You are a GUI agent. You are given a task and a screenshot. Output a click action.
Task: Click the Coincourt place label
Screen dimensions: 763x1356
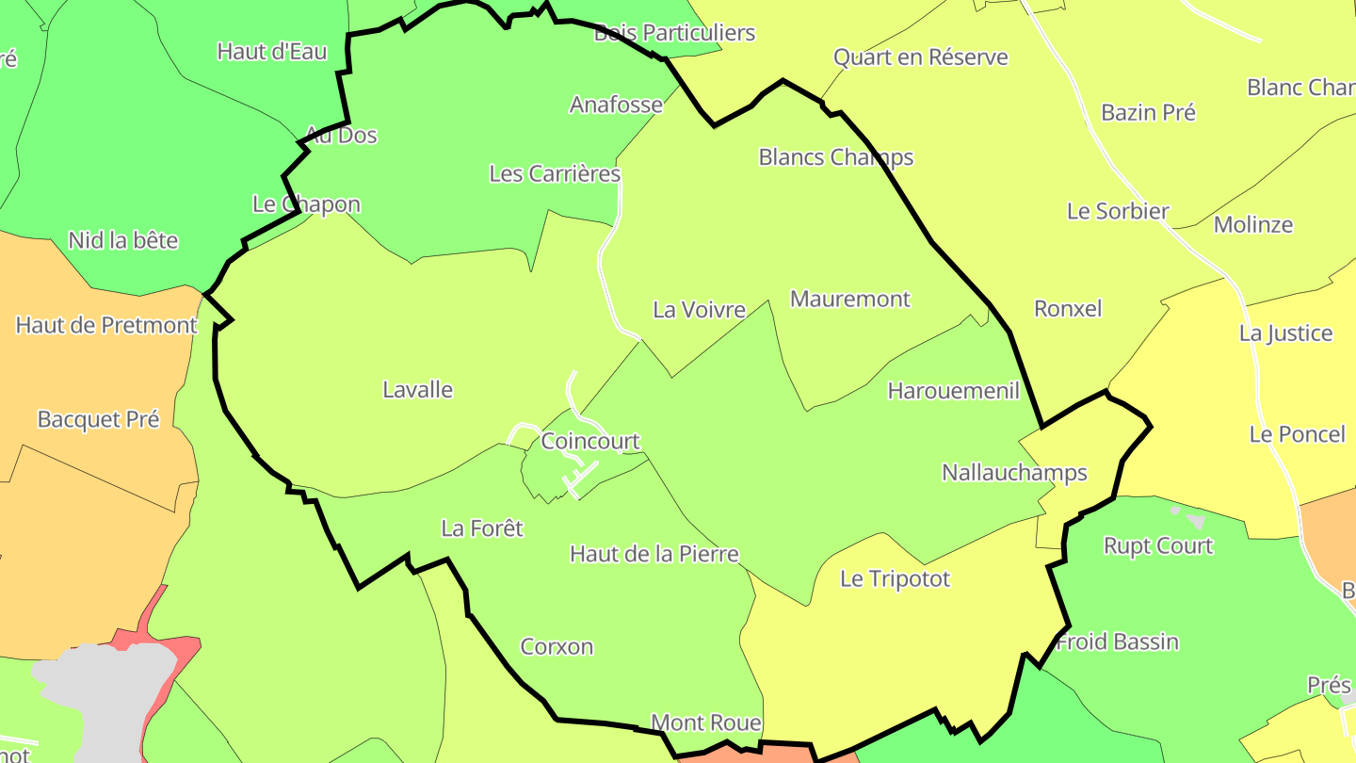tap(590, 441)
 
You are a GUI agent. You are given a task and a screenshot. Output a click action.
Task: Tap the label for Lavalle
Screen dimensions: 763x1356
tap(417, 389)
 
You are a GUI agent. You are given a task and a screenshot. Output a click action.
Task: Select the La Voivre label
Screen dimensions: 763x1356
tap(699, 309)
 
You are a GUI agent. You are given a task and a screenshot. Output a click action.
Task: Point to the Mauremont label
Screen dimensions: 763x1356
tap(850, 299)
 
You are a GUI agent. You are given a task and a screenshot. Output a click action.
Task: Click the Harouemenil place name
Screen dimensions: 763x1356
tap(954, 390)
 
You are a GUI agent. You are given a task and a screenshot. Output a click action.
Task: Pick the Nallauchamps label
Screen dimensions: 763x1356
tap(1014, 472)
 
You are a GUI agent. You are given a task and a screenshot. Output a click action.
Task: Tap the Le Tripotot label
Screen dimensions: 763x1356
tap(895, 578)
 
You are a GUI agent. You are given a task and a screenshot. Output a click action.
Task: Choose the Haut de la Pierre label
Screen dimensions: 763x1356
tap(654, 554)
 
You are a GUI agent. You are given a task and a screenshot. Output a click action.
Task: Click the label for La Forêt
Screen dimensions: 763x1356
tap(482, 528)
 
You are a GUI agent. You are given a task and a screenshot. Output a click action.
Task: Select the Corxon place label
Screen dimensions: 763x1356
tap(557, 646)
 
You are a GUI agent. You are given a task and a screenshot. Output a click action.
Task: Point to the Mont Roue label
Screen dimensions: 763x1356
tap(706, 722)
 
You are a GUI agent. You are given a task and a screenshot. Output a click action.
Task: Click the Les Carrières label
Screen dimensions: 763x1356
tap(555, 173)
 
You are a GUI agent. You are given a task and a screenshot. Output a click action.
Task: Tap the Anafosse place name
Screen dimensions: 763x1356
tap(616, 104)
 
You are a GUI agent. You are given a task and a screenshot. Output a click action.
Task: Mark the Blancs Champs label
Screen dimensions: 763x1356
tap(836, 156)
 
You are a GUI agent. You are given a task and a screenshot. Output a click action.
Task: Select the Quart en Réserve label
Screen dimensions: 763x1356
tap(921, 57)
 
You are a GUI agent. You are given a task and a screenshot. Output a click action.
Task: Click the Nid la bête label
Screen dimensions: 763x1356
tap(122, 240)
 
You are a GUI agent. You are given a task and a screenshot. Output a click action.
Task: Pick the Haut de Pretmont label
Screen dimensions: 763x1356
tap(106, 325)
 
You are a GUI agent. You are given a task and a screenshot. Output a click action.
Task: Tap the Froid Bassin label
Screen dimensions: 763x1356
tap(1118, 641)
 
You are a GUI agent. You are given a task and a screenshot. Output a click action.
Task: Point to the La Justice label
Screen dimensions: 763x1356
tap(1285, 333)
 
